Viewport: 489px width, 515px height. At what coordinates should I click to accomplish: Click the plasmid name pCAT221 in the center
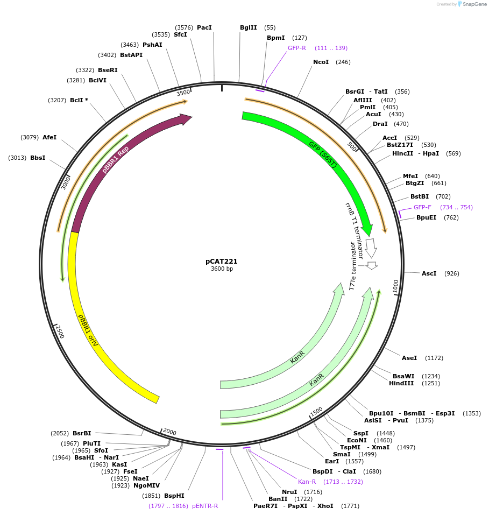[221, 261]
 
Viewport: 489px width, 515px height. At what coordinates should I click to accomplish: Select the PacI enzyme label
[204, 27]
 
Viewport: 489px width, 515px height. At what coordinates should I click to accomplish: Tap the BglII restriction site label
[249, 27]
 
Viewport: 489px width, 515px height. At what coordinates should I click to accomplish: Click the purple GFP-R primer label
[297, 48]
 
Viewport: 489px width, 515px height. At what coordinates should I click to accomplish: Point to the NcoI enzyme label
[321, 62]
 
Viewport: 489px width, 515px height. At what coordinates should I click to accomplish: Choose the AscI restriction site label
[429, 273]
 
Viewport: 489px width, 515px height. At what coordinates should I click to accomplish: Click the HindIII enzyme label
[401, 383]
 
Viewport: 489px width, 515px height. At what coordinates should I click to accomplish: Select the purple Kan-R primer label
[307, 482]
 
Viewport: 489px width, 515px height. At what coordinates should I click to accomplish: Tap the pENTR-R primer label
[205, 506]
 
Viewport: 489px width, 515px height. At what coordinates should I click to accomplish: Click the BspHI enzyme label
[174, 496]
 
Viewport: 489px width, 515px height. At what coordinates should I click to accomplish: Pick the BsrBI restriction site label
[82, 433]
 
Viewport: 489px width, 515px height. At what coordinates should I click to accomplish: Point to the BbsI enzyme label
[38, 158]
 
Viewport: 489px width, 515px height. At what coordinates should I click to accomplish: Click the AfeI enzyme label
[49, 137]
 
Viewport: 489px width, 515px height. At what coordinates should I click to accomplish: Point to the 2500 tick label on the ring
[60, 331]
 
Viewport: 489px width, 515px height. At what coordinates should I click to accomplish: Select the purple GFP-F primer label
[422, 207]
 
